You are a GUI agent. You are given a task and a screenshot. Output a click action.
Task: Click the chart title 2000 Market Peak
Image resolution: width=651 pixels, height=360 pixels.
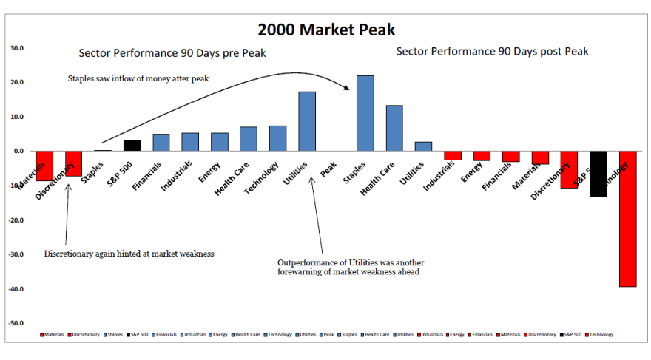tap(326, 30)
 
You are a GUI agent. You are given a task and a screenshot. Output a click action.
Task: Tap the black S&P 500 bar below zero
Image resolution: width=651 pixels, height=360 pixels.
tap(598, 174)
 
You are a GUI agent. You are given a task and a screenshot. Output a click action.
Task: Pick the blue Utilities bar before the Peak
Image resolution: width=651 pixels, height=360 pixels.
tap(307, 121)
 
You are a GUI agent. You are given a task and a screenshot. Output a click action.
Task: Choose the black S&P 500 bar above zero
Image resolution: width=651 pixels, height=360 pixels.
tap(132, 146)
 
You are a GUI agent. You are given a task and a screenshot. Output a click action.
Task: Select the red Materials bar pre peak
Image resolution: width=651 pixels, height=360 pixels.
tap(44, 166)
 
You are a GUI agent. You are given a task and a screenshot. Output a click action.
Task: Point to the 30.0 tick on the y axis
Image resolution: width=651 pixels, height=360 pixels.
tap(16, 48)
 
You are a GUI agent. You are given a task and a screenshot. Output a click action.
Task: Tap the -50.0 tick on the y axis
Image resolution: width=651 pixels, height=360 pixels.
tap(16, 323)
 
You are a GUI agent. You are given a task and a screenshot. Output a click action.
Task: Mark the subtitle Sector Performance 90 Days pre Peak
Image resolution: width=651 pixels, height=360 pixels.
tap(172, 53)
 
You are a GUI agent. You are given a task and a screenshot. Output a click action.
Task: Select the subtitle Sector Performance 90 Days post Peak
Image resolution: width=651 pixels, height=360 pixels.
tap(492, 51)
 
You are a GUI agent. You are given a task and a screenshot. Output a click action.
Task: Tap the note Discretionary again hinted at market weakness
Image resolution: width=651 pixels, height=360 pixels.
tap(129, 254)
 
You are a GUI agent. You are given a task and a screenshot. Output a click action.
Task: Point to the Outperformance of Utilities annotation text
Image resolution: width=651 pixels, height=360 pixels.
tap(351, 267)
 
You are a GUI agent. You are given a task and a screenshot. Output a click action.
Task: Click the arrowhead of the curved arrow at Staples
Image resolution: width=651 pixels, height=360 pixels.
tap(347, 89)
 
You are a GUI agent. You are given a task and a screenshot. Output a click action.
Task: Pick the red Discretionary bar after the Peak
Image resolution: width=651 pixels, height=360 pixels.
tap(569, 169)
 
